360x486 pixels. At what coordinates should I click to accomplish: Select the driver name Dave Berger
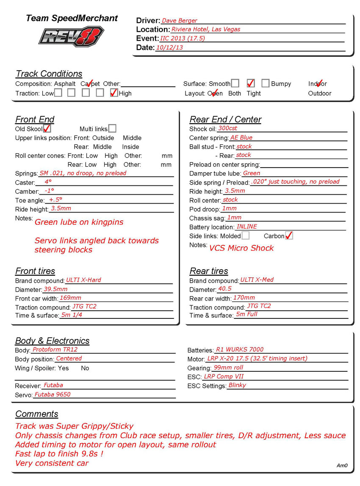[180, 20]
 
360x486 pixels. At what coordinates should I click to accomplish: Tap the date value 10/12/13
[169, 47]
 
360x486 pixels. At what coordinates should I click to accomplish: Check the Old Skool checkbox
[47, 128]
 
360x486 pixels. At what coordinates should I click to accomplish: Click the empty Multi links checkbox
[112, 128]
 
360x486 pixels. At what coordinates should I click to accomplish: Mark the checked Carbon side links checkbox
[289, 235]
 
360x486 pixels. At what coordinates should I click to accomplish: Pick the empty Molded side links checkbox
[245, 235]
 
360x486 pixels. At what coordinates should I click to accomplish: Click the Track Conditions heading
[49, 74]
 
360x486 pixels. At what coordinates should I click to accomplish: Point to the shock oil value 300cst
[228, 128]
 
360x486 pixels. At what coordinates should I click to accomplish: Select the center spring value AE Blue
[241, 138]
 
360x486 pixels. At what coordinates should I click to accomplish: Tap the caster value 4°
[48, 182]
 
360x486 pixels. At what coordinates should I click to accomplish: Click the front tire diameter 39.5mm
[55, 289]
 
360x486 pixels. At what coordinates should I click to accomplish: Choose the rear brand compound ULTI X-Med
[257, 280]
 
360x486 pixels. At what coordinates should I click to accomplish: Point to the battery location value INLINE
[246, 226]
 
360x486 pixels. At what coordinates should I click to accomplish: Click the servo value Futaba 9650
[52, 394]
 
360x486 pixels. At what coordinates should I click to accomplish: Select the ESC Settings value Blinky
[237, 385]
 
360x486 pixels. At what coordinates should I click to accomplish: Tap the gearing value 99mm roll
[228, 367]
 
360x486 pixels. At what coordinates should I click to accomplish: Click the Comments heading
[37, 414]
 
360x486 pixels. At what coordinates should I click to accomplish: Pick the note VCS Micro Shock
[241, 248]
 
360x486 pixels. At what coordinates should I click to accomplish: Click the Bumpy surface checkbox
[266, 83]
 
